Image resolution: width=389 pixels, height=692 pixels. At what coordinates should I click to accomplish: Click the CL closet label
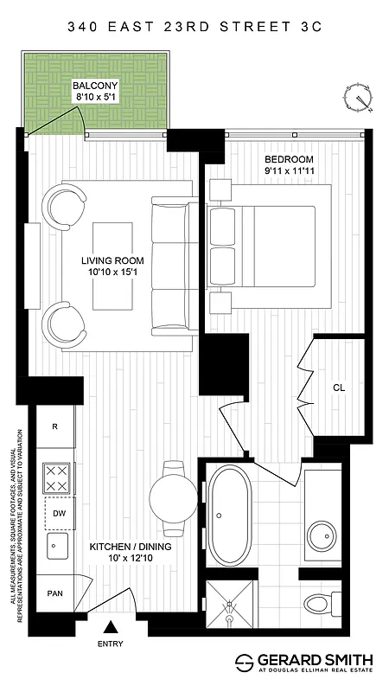[x=339, y=388]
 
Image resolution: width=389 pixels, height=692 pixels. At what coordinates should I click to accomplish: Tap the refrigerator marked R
[x=55, y=426]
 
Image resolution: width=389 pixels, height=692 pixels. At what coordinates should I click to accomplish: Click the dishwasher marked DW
[x=57, y=512]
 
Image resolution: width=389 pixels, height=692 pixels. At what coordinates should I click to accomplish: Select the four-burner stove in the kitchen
[x=57, y=478]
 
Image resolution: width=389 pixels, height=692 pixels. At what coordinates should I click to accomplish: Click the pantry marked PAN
[x=54, y=594]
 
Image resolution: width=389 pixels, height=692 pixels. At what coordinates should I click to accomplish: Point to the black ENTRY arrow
[x=111, y=628]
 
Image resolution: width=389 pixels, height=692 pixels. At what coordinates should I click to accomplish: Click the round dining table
[x=174, y=498]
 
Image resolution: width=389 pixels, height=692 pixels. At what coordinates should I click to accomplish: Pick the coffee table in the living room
[x=112, y=264]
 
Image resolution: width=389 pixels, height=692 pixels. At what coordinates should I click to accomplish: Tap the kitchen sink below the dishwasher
[x=57, y=547]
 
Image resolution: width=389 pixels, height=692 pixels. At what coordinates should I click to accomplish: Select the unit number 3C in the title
[x=311, y=27]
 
